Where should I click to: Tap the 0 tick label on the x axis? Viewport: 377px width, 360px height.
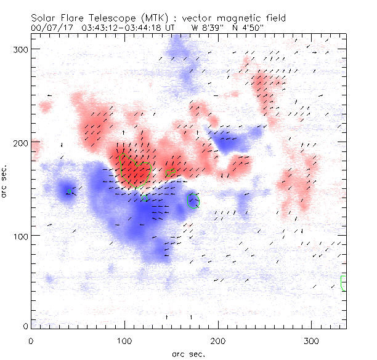[x=31, y=340]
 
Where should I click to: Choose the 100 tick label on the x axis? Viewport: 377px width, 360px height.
[x=124, y=340]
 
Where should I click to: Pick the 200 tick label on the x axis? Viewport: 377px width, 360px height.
[x=218, y=340]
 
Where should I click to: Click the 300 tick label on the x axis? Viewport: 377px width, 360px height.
[x=312, y=340]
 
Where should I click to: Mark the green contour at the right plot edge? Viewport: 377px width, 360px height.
[x=343, y=283]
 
